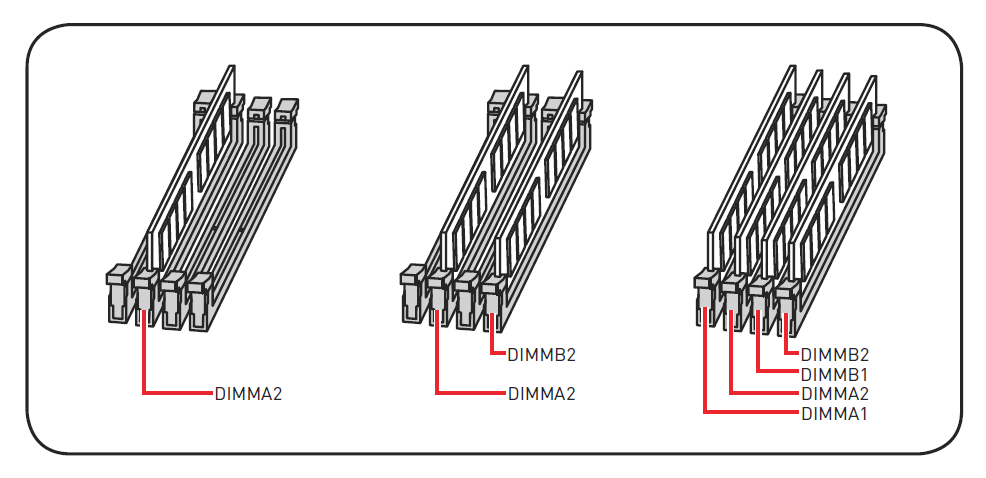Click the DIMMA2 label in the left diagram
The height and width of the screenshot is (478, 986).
[248, 393]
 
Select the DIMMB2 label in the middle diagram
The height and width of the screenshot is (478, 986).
[541, 354]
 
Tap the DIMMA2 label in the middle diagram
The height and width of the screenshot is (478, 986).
[541, 393]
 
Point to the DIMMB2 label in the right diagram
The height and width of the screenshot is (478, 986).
[835, 354]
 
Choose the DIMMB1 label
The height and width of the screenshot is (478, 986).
[835, 374]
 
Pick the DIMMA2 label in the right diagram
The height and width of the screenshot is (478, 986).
[835, 393]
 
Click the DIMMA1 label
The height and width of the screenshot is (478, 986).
[835, 412]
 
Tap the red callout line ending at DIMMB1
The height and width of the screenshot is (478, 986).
[759, 345]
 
